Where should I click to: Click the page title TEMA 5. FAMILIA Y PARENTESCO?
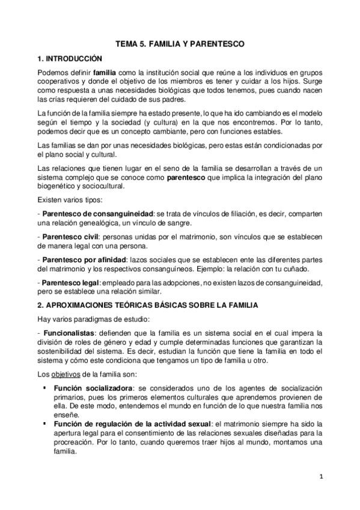(x=180, y=44)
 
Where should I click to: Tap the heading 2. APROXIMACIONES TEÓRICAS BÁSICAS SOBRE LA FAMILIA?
(x=147, y=306)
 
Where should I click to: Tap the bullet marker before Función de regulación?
(x=44, y=423)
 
